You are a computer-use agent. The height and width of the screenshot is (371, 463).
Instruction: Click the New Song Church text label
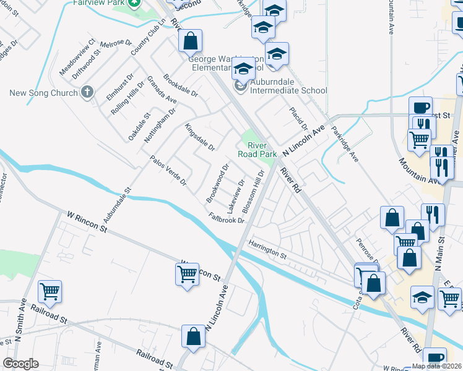(x=41, y=93)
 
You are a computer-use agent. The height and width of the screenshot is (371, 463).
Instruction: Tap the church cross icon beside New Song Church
(x=87, y=92)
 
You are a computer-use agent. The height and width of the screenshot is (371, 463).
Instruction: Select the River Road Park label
(x=256, y=150)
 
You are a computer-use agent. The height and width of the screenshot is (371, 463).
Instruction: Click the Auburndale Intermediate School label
(x=288, y=90)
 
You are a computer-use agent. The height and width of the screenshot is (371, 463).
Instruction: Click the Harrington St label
(x=268, y=250)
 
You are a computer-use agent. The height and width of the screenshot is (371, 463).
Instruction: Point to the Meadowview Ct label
(x=77, y=57)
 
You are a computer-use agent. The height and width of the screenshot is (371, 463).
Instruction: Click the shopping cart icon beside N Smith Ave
(x=50, y=291)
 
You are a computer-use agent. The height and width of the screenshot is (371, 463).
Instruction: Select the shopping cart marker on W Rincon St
(x=188, y=273)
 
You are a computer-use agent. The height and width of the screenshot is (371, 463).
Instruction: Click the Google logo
(x=20, y=364)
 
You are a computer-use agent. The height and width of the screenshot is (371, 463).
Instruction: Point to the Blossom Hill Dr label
(x=254, y=192)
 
